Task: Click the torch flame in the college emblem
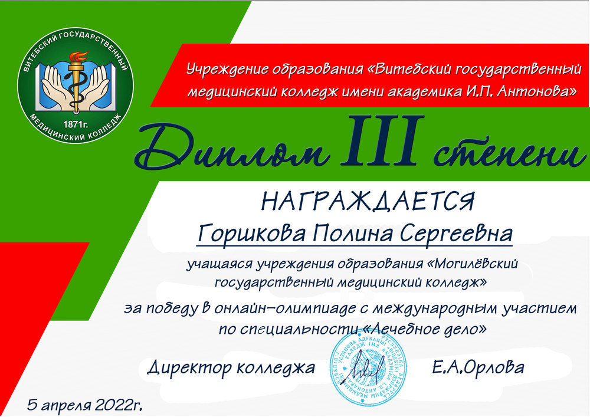point(78,57)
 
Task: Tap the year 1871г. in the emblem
point(76,124)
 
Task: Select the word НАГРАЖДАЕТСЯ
point(368,201)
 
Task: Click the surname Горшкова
point(251,233)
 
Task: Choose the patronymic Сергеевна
point(456,233)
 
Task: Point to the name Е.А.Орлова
point(478,367)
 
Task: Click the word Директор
point(189,367)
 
